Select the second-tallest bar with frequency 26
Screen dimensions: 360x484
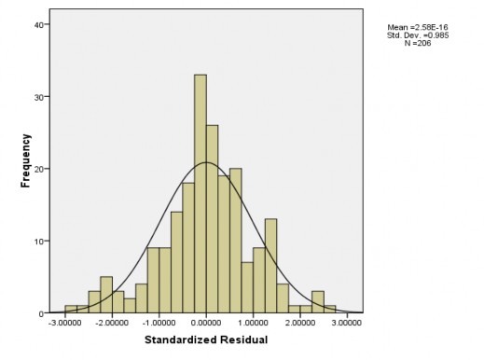(x=212, y=219)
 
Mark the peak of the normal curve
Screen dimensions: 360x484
(x=206, y=163)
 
